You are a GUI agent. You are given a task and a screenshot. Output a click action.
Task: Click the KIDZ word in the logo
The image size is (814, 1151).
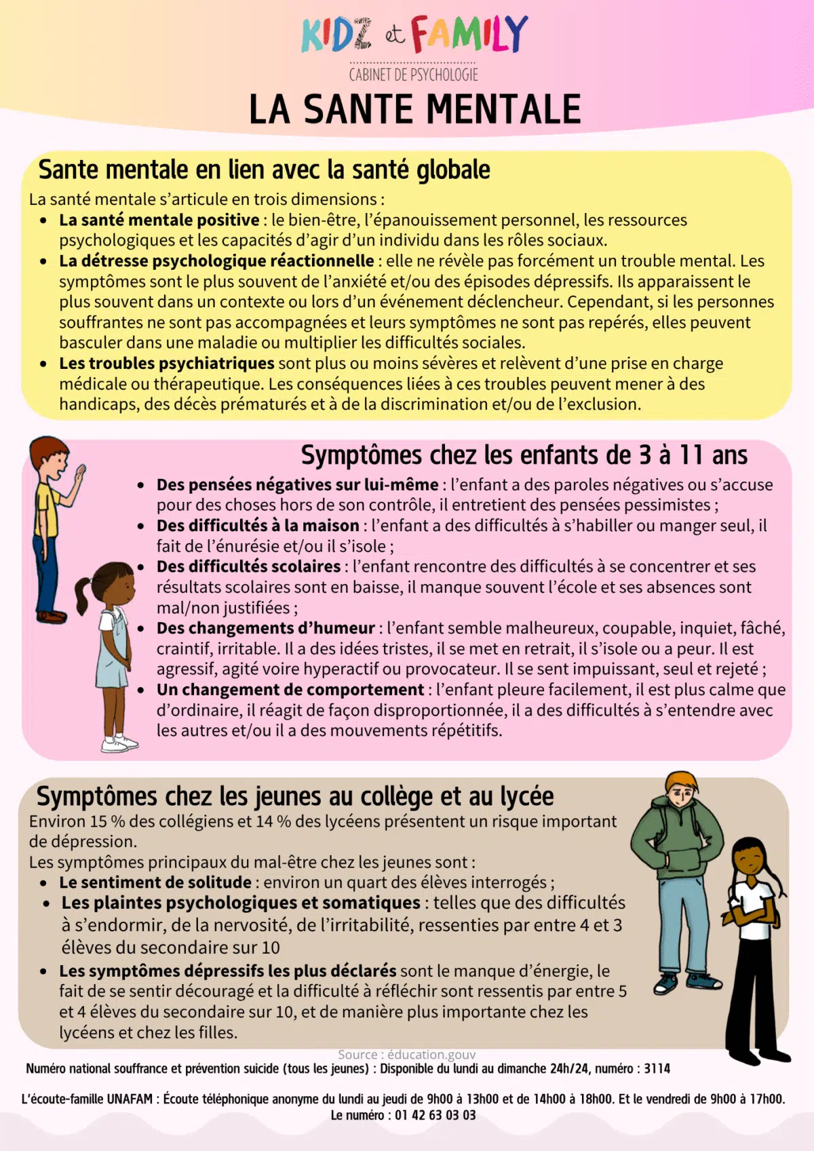pyautogui.click(x=336, y=35)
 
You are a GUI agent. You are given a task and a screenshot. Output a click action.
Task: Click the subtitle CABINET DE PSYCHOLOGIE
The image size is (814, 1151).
pyautogui.click(x=413, y=75)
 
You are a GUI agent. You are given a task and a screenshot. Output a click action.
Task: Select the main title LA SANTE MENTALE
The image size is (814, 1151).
pyautogui.click(x=414, y=110)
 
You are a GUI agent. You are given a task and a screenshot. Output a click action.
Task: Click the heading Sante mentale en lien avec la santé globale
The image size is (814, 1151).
pyautogui.click(x=264, y=170)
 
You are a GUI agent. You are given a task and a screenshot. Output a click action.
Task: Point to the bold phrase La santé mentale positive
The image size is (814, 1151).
pyautogui.click(x=159, y=220)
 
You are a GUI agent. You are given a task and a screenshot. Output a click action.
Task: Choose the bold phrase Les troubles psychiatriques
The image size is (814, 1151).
pyautogui.click(x=166, y=364)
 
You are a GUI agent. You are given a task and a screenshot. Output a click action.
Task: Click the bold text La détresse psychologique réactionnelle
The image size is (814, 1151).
pyautogui.click(x=216, y=261)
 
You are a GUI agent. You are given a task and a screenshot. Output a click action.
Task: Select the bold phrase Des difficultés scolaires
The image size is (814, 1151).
pyautogui.click(x=248, y=566)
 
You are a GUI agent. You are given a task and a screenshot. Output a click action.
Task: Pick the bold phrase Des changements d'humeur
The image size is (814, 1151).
pyautogui.click(x=265, y=628)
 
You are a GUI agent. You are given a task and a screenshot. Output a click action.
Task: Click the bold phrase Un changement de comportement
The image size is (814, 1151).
pyautogui.click(x=290, y=690)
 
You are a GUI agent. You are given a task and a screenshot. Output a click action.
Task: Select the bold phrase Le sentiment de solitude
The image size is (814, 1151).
pyautogui.click(x=155, y=882)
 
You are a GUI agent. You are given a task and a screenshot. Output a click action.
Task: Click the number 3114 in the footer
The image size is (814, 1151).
pyautogui.click(x=657, y=1069)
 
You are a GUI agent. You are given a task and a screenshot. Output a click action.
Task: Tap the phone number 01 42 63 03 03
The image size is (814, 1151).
pyautogui.click(x=435, y=1115)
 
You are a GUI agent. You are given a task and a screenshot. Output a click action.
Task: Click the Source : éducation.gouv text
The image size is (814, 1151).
pyautogui.click(x=406, y=1055)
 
